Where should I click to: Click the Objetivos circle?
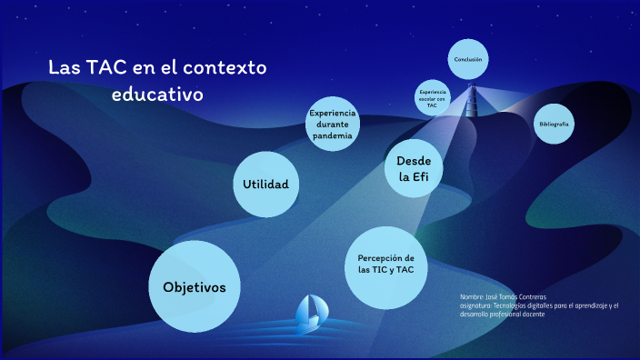(x=194, y=286)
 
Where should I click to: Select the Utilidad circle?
(x=265, y=185)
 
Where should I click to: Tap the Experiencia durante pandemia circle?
(x=332, y=124)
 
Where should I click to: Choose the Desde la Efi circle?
(x=413, y=169)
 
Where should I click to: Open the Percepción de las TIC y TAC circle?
(x=386, y=265)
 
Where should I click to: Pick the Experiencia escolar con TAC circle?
(x=433, y=98)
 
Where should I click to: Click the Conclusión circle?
(x=467, y=61)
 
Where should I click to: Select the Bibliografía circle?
(x=554, y=123)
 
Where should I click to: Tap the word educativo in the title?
(x=158, y=94)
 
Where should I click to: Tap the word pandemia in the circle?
(x=332, y=135)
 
